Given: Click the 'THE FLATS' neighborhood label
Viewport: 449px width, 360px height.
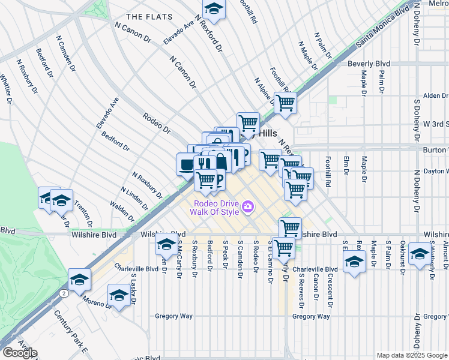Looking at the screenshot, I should click(148, 16).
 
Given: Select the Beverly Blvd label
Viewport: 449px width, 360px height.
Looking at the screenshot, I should click(369, 63).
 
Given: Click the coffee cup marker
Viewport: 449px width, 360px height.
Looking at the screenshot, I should click(187, 164).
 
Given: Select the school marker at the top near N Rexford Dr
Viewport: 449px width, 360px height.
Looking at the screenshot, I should click(212, 9).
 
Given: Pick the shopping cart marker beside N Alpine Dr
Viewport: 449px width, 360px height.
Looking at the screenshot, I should click(285, 102).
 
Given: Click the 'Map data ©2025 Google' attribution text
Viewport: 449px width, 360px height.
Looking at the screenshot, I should click(412, 355).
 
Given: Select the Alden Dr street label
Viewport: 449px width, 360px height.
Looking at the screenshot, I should click(435, 95).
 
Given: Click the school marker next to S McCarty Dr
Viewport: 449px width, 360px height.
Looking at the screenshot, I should click(166, 244).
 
